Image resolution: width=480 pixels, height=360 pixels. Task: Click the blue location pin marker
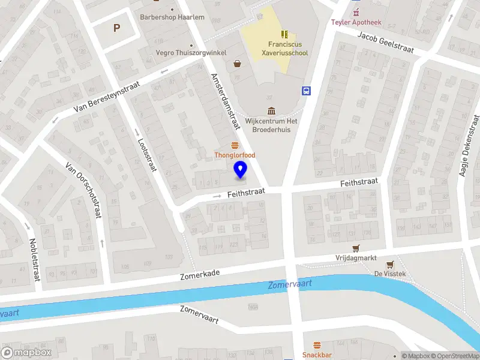tap(241, 170)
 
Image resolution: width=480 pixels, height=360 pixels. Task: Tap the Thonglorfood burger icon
tap(235, 146)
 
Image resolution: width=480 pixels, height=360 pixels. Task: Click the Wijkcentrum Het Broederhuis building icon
tap(271, 110)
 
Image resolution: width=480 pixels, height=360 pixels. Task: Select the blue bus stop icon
tap(307, 91)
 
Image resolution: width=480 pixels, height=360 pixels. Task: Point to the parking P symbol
tap(116, 27)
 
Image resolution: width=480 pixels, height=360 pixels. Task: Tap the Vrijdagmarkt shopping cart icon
tap(356, 248)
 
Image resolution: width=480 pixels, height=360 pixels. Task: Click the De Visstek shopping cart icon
tap(391, 264)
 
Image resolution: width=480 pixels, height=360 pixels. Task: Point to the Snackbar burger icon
tap(317, 345)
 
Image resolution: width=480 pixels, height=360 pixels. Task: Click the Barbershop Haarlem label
tap(172, 17)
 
